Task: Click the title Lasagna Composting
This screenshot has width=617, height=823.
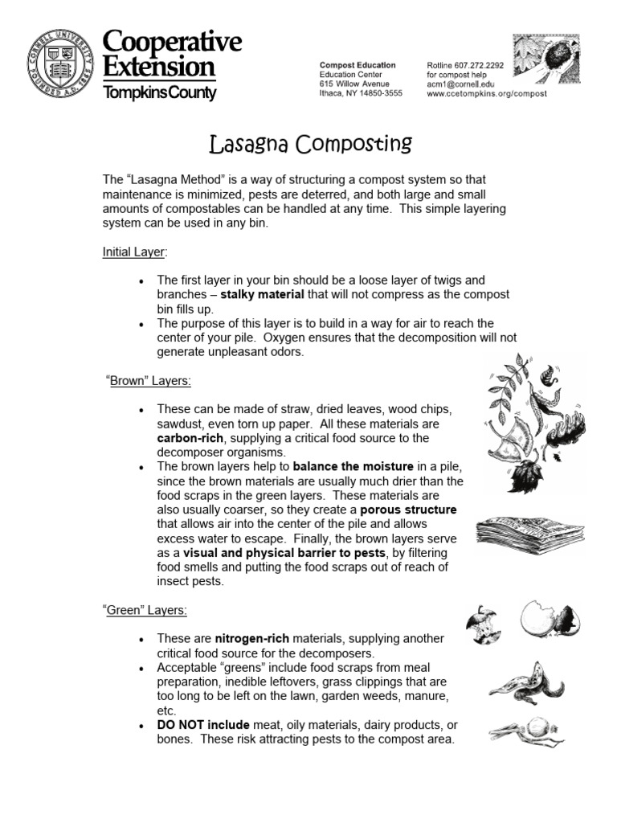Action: [x=310, y=145]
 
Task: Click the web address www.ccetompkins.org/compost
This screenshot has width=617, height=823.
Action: [x=486, y=94]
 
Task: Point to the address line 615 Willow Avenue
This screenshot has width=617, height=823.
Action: [x=354, y=84]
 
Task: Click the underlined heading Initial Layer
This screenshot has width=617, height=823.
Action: [x=133, y=252]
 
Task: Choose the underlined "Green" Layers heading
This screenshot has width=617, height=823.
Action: [x=146, y=610]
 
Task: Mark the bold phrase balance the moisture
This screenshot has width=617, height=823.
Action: [x=353, y=467]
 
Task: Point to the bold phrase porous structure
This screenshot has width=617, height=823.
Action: [x=408, y=510]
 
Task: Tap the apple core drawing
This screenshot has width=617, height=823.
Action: [x=483, y=624]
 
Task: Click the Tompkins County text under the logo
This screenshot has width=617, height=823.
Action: [x=159, y=93]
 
